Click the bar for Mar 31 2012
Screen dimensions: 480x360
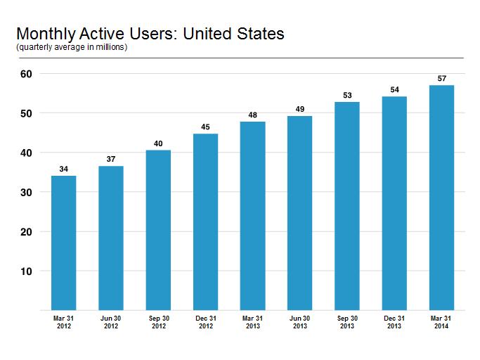point(64,243)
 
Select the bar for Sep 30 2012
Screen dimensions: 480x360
point(158,230)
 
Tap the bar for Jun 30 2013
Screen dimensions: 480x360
point(299,213)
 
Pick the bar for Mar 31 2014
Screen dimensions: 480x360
point(441,198)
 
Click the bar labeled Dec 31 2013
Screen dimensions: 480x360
point(394,203)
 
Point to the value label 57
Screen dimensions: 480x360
point(442,79)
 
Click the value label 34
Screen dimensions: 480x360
point(64,169)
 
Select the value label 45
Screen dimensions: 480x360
point(205,127)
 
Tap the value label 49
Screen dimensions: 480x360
point(300,109)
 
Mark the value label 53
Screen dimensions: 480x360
point(347,96)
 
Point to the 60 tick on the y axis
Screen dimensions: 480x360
point(26,74)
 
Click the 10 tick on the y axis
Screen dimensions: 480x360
point(26,271)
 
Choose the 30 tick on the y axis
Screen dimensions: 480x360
point(26,193)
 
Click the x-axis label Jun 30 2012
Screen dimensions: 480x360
point(111,322)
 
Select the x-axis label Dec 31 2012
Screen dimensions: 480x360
point(206,322)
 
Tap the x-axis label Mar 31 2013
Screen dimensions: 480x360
point(252,322)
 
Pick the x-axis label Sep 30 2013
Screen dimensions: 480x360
point(347,322)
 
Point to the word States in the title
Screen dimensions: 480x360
point(261,34)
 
